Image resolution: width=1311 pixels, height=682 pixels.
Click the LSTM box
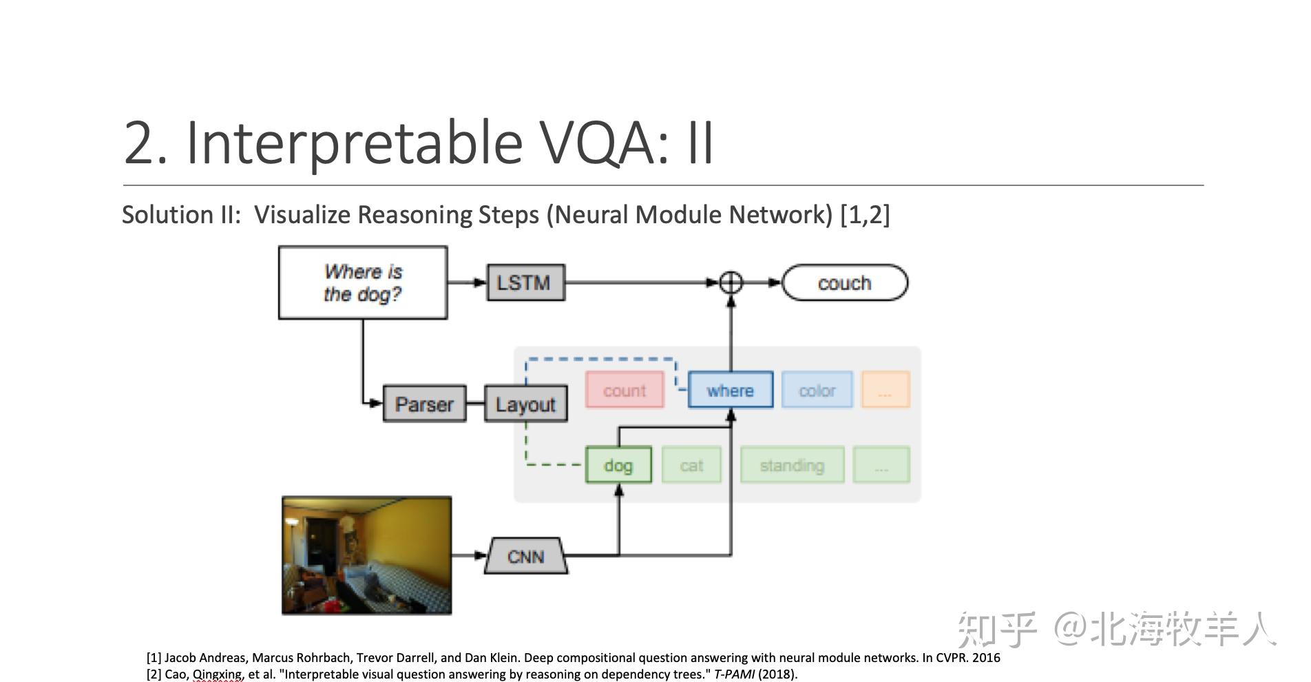pos(526,282)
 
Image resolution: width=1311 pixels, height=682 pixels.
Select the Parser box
pos(424,404)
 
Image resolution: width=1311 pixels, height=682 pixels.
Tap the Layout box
pos(526,404)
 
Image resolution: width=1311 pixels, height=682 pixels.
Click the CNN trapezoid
pos(526,556)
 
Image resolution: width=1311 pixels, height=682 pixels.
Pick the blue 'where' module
pos(731,390)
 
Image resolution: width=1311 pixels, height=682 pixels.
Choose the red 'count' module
pos(625,390)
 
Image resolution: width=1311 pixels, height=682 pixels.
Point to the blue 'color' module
pos(817,390)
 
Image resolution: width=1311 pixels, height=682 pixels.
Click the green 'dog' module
pos(618,465)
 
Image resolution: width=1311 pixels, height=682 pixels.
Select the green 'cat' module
pos(691,465)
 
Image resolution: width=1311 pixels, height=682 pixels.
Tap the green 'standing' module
pos(792,465)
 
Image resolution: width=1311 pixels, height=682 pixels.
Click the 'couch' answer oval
pos(845,282)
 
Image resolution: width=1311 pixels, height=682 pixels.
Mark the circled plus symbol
pos(731,282)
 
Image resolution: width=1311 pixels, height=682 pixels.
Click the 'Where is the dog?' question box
pos(363,282)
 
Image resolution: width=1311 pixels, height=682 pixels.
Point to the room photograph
pos(367,555)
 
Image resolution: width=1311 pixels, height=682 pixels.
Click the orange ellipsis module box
pos(885,390)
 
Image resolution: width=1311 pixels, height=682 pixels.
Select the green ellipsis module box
pos(881,465)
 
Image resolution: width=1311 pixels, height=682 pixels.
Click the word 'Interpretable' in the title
pos(355,143)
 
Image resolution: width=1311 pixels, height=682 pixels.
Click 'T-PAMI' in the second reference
pos(734,674)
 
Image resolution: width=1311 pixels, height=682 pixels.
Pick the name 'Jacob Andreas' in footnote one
pos(206,658)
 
